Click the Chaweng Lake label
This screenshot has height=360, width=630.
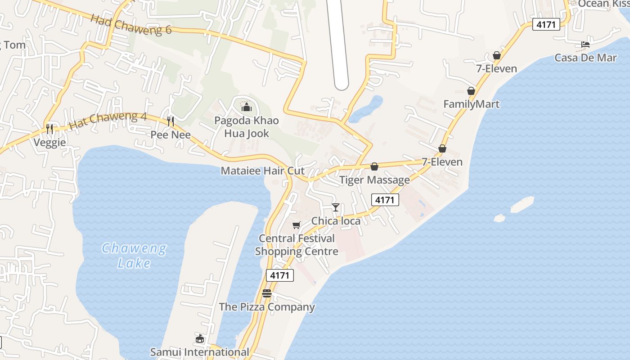(134, 255)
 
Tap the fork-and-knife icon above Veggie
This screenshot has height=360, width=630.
(49, 129)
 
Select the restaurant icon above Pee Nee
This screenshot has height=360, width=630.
(171, 121)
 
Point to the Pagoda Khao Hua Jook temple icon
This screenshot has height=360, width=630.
(246, 107)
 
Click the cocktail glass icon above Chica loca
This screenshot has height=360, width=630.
(336, 207)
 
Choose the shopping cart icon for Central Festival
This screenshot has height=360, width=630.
(296, 225)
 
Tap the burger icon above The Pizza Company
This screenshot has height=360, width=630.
(267, 293)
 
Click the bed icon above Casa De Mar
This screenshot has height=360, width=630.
(585, 45)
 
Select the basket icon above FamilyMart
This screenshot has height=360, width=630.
(471, 91)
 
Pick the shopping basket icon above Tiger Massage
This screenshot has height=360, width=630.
(374, 166)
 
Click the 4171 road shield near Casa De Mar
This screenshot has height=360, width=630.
(546, 24)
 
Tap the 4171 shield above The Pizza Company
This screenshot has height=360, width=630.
(280, 275)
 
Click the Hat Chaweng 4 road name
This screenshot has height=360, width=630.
(108, 120)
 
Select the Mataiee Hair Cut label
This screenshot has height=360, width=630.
(262, 171)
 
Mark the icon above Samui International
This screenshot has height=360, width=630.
(200, 338)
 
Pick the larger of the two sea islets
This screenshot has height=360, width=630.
(522, 204)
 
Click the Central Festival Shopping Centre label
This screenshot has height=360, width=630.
(297, 245)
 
